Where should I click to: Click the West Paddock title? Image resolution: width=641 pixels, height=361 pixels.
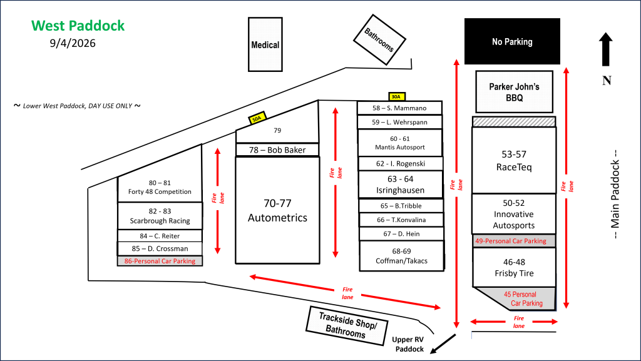pyautogui.click(x=78, y=26)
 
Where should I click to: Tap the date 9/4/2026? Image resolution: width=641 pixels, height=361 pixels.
pyautogui.click(x=73, y=43)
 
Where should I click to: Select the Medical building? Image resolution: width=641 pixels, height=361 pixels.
pyautogui.click(x=265, y=44)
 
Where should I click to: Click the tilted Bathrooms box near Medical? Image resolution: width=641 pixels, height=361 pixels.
pyautogui.click(x=379, y=39)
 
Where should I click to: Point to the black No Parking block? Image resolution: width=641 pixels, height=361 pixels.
pyautogui.click(x=512, y=41)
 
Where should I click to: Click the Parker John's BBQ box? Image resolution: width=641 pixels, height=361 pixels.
pyautogui.click(x=515, y=92)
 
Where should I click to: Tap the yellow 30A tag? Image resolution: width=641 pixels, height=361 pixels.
pyautogui.click(x=396, y=97)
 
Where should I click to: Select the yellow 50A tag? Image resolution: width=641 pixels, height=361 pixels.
pyautogui.click(x=257, y=118)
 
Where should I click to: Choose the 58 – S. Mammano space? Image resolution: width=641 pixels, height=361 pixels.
pyautogui.click(x=399, y=108)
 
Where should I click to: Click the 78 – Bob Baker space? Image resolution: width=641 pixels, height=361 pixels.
pyautogui.click(x=277, y=150)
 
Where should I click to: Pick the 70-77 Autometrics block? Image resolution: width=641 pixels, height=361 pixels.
pyautogui.click(x=277, y=210)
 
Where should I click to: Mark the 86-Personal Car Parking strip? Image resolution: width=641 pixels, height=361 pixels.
pyautogui.click(x=160, y=261)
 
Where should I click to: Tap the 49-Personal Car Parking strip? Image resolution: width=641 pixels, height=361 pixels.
pyautogui.click(x=514, y=241)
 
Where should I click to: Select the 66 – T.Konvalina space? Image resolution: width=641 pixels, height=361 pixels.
pyautogui.click(x=401, y=220)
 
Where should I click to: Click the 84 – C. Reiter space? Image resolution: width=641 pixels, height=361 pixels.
pyautogui.click(x=160, y=236)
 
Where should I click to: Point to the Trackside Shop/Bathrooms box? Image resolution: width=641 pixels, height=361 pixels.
pyautogui.click(x=347, y=325)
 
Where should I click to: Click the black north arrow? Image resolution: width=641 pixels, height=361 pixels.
pyautogui.click(x=606, y=49)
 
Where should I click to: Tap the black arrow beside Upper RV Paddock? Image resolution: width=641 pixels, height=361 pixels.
pyautogui.click(x=443, y=344)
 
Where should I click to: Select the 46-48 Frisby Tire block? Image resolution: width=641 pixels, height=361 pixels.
pyautogui.click(x=515, y=268)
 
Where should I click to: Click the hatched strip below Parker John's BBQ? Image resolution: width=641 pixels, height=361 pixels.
pyautogui.click(x=514, y=122)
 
